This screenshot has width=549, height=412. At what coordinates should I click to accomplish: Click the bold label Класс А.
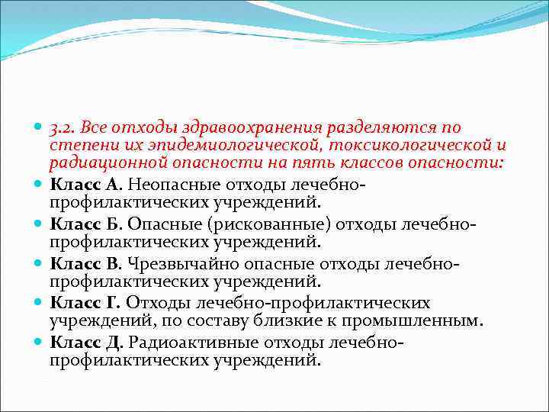click(x=85, y=184)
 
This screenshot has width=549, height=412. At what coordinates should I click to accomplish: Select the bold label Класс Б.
click(x=85, y=224)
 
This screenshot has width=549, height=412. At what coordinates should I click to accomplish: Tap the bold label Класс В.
click(x=85, y=263)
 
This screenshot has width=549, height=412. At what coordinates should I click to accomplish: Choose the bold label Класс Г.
click(x=85, y=303)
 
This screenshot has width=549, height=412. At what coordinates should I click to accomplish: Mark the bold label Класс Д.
click(x=86, y=343)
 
